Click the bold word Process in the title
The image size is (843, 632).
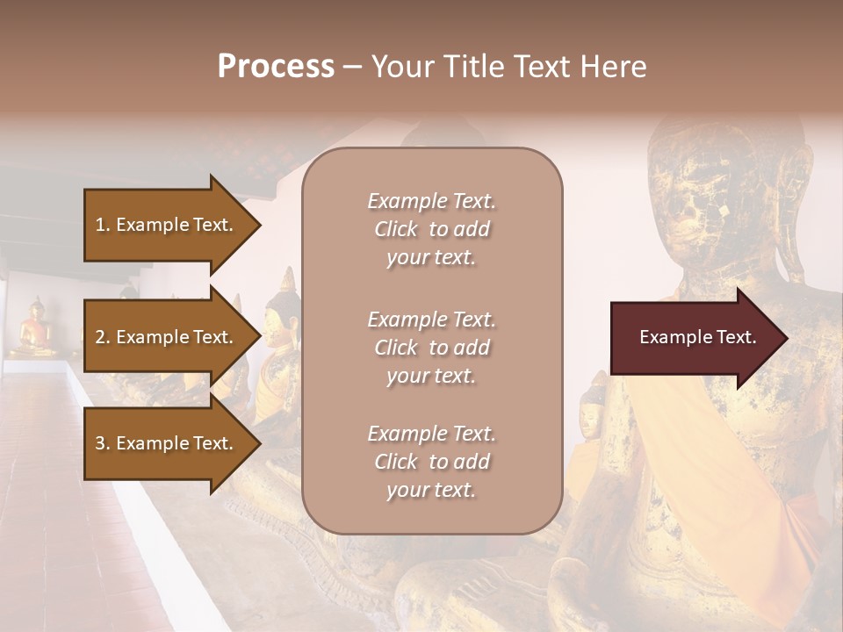point(276,67)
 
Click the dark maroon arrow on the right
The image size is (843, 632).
point(690,338)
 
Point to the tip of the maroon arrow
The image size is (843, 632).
point(785,338)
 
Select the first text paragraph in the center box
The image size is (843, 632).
point(431,229)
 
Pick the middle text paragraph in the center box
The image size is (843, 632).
point(431,348)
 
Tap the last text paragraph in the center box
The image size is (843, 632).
point(431,462)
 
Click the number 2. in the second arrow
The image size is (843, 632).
point(103,337)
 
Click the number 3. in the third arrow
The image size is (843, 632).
point(103,444)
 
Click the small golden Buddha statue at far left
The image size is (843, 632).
point(35,328)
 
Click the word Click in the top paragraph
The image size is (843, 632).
point(396,229)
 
